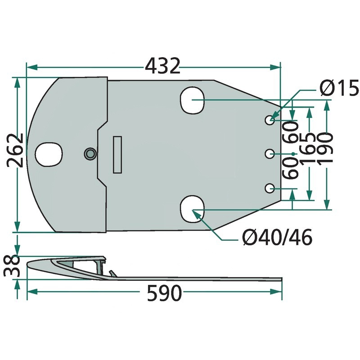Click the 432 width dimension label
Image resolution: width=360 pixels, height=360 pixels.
[x=162, y=66]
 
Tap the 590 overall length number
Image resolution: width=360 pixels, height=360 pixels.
[x=164, y=293]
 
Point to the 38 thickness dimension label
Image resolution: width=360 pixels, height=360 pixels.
[x=12, y=266]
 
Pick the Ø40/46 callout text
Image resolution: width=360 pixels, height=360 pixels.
[x=277, y=237]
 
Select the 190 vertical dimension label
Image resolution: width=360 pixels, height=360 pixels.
[x=324, y=148]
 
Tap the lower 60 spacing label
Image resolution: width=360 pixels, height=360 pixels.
[x=290, y=168]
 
